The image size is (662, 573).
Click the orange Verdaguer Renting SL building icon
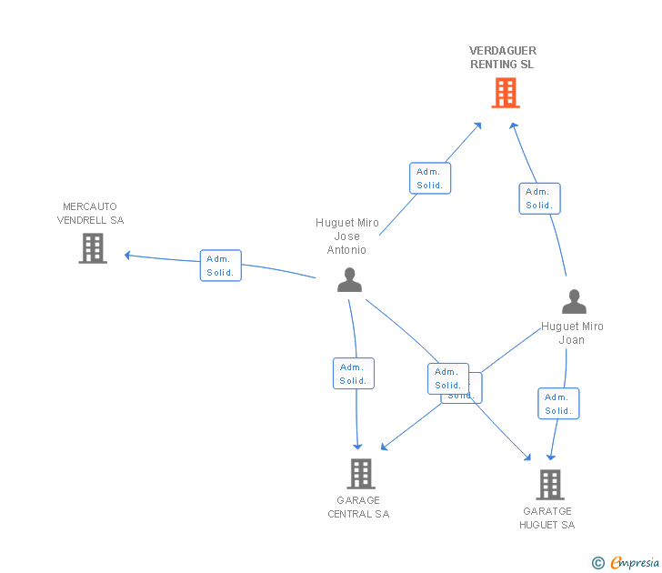(506, 93)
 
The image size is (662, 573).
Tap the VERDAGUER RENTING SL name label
(503, 58)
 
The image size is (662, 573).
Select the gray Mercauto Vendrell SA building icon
(93, 247)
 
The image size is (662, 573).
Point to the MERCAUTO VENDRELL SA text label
(90, 214)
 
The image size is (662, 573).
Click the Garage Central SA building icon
(361, 473)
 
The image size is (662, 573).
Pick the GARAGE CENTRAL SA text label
(358, 508)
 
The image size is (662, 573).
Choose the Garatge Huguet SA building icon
(548, 484)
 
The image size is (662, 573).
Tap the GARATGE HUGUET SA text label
(547, 518)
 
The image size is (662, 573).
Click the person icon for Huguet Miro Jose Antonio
(349, 280)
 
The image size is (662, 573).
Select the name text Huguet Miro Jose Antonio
(347, 236)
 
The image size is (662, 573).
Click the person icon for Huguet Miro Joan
(574, 302)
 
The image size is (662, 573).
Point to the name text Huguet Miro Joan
(572, 333)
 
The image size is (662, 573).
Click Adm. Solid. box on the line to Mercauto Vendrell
(221, 266)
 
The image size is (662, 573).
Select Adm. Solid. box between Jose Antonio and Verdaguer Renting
(430, 178)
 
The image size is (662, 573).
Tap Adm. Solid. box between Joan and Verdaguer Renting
(539, 198)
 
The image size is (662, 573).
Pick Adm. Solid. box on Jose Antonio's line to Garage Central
(354, 374)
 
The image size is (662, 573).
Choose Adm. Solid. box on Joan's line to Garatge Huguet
(558, 404)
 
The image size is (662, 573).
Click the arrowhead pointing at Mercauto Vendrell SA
(128, 255)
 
